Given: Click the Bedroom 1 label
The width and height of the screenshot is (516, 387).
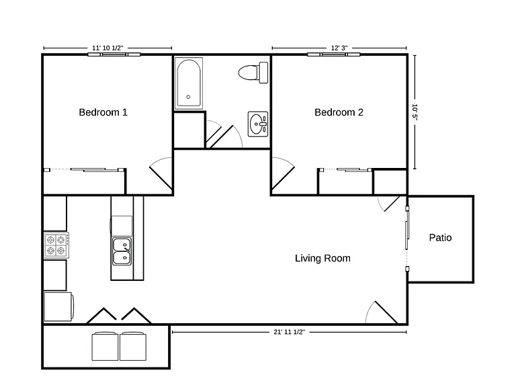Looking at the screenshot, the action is [103, 113].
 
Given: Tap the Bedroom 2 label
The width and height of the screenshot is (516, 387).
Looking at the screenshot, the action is [339, 113].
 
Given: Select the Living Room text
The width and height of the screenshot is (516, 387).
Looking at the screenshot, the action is [322, 258].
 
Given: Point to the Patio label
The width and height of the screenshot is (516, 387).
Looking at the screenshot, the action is [440, 238].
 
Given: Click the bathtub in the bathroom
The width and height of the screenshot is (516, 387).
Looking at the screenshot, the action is [189, 83].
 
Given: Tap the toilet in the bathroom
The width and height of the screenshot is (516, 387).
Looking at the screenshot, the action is [253, 73].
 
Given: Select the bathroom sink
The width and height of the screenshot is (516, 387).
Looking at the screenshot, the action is [258, 124].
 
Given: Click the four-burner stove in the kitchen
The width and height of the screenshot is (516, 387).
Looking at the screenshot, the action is [56, 245].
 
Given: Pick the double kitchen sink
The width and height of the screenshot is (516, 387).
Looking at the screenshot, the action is [122, 251].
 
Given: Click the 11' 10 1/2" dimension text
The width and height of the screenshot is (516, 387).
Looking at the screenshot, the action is [107, 48].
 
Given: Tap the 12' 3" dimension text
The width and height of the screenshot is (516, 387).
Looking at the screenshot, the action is [339, 48].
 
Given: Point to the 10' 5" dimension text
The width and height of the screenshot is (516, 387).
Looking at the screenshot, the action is [415, 112].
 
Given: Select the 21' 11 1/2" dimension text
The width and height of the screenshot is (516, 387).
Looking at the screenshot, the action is [290, 332].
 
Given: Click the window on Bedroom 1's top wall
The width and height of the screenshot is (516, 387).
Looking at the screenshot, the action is [114, 54].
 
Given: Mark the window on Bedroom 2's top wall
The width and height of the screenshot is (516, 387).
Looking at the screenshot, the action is [334, 54].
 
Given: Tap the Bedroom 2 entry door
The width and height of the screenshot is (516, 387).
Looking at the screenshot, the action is [283, 178].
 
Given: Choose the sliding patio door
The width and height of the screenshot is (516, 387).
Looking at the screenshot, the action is [407, 239].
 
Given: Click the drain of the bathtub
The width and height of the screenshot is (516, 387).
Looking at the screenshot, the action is [188, 97].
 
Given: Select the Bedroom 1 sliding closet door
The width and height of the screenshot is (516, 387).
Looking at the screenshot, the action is [85, 170].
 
